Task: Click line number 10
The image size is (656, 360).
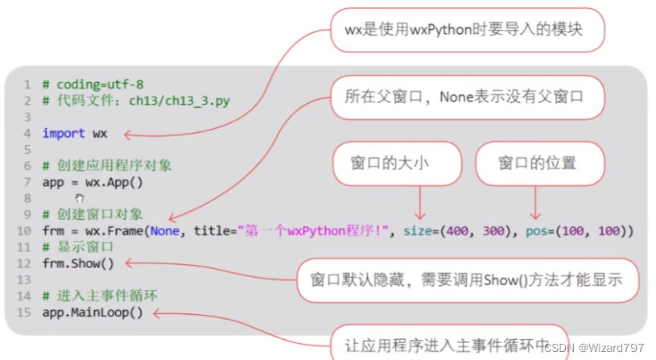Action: (23, 231)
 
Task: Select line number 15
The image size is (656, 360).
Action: (23, 312)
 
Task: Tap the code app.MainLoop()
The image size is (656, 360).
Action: (92, 312)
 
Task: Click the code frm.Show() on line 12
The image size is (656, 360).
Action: (78, 263)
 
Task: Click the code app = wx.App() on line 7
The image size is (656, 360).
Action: (92, 182)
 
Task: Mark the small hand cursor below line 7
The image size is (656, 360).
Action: (79, 198)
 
